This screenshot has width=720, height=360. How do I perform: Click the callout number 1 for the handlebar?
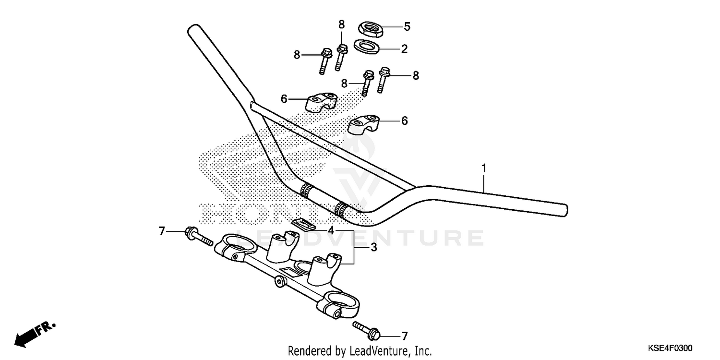click(x=484, y=168)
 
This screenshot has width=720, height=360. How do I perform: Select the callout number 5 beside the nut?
click(x=407, y=27)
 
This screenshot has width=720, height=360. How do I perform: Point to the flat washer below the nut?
click(x=366, y=47)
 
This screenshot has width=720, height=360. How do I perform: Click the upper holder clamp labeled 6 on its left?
click(x=320, y=103)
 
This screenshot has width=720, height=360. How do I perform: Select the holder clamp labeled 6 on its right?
click(x=364, y=124)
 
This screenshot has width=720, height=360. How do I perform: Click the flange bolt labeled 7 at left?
click(x=197, y=236)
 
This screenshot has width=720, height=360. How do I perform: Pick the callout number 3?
click(x=373, y=247)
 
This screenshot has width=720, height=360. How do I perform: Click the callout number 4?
click(x=331, y=231)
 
